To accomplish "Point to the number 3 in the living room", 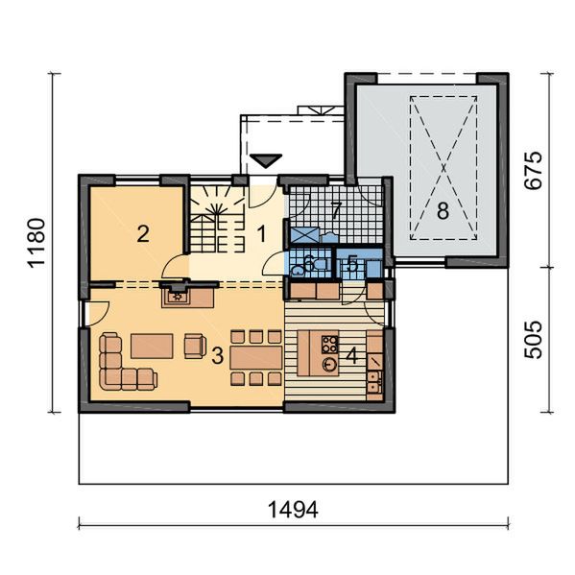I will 218,355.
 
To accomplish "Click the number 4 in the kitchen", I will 352,355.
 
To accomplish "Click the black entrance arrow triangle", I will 265,159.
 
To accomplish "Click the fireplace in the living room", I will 178,295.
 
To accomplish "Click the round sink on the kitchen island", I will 330,365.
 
